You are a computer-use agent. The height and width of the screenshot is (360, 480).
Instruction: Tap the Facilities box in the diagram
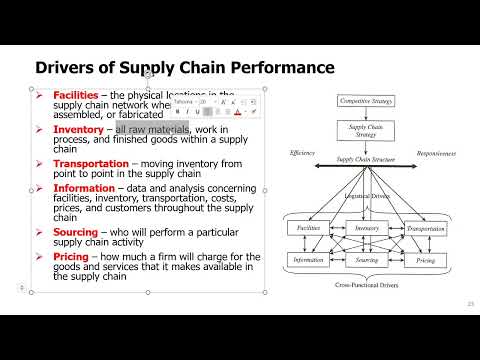pos(308,229)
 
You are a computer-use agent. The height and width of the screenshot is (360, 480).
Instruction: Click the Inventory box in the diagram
pos(365,229)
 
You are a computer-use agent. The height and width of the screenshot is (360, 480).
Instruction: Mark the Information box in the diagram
pos(308,259)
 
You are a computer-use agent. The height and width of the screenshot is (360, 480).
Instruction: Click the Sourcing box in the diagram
pos(365,259)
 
